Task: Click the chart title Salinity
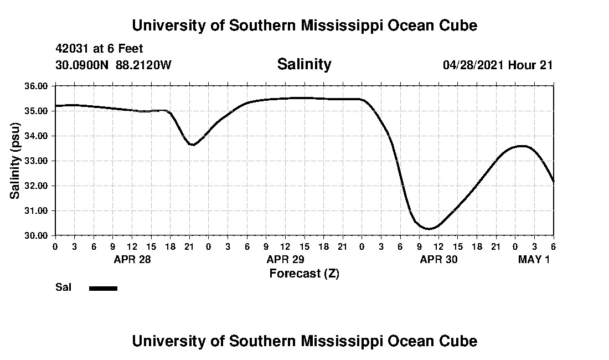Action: (x=304, y=64)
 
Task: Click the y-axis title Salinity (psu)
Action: (x=15, y=161)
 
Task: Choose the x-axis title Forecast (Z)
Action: (x=304, y=274)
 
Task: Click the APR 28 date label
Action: (x=132, y=259)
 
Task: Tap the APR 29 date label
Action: (x=285, y=259)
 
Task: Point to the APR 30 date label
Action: (x=438, y=259)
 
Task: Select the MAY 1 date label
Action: (x=534, y=259)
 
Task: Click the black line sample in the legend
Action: (x=103, y=288)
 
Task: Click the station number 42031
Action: (x=73, y=49)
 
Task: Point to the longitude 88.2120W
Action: (x=144, y=65)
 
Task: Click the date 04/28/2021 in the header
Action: (x=473, y=65)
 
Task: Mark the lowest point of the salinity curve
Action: (x=429, y=229)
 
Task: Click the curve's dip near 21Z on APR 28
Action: (x=192, y=145)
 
